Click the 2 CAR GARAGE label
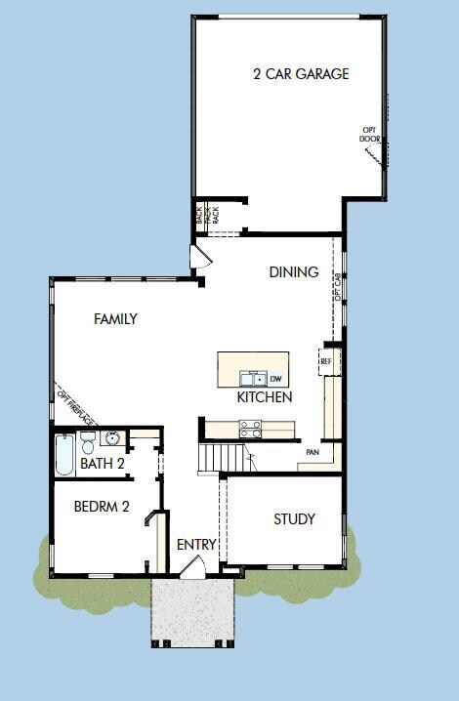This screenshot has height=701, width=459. click(301, 73)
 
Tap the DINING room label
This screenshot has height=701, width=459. click(294, 272)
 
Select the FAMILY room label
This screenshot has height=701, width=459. click(115, 319)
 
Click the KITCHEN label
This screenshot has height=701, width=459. click(264, 398)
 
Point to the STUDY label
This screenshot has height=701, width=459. click(294, 519)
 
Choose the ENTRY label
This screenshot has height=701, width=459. click(196, 545)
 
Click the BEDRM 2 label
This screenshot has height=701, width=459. click(102, 506)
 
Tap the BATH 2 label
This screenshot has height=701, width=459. click(102, 464)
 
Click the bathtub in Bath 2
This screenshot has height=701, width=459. click(64, 455)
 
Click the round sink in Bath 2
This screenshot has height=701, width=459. click(112, 438)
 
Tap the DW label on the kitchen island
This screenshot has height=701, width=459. click(275, 379)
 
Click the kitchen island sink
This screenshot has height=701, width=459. click(253, 378)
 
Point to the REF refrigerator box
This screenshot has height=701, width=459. click(326, 361)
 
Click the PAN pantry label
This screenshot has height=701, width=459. click(313, 453)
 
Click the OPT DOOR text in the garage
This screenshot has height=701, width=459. click(369, 134)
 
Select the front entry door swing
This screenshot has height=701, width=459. click(194, 568)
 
